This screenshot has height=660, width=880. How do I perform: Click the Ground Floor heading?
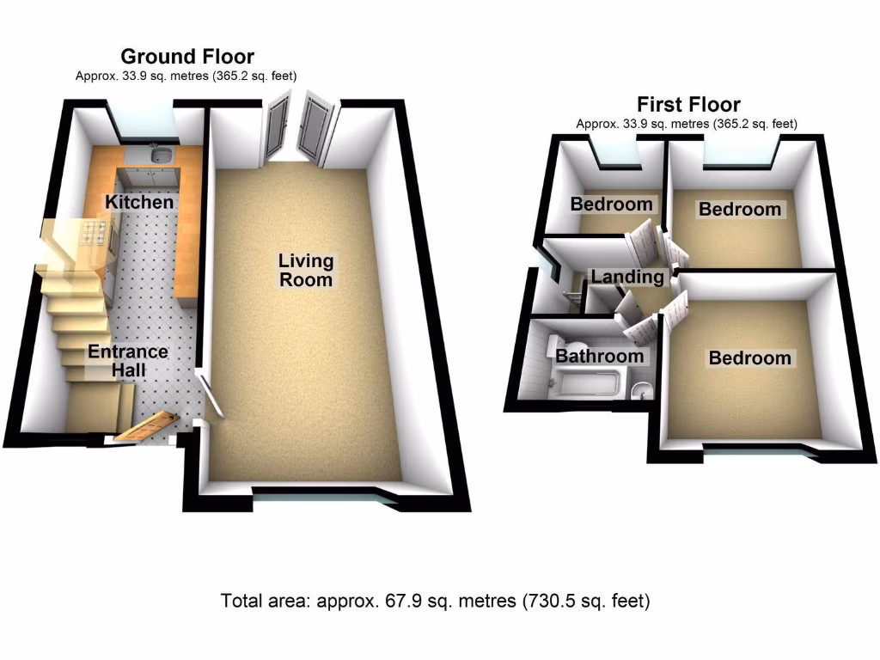click(187, 57)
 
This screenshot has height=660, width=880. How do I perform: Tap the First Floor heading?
click(688, 105)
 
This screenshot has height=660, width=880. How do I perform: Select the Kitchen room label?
click(139, 203)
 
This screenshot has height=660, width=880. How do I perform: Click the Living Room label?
click(305, 270)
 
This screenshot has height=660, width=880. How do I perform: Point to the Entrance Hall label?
click(128, 361)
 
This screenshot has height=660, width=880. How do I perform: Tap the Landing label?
click(627, 277)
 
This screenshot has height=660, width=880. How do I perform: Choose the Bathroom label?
click(599, 356)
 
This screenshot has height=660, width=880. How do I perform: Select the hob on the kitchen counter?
click(94, 232)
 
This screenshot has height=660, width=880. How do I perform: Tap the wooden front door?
click(146, 425)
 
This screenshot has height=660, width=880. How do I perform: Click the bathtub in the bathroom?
click(590, 382)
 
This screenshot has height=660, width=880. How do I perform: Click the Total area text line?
click(435, 600)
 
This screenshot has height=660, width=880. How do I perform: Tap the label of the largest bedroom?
click(749, 357)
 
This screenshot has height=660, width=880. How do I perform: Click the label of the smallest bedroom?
click(612, 205)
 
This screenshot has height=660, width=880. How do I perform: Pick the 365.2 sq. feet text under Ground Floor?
click(258, 76)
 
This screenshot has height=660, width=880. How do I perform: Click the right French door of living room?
click(315, 129)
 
